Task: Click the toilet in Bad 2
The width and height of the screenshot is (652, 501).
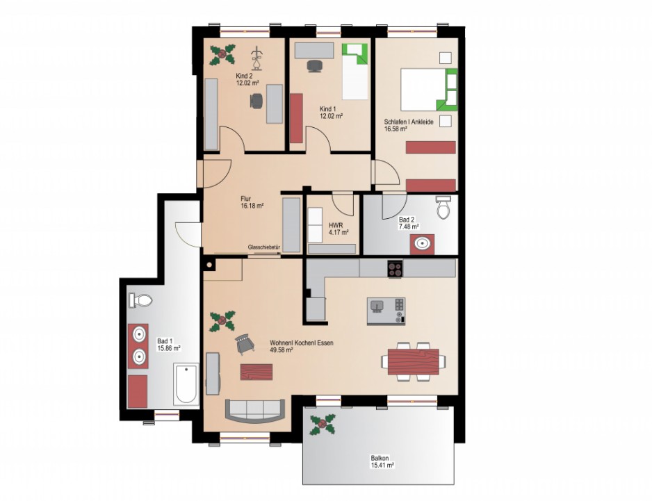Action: pos(443,207)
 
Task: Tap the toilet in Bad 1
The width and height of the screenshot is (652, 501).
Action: pos(140,300)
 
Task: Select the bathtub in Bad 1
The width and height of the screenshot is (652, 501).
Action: pos(186,384)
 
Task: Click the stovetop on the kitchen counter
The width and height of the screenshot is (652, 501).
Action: pos(395,268)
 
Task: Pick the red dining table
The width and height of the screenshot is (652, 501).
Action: pos(414,362)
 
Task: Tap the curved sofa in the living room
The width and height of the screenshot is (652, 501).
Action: pos(255,411)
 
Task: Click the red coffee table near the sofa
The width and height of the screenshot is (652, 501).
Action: pos(256,372)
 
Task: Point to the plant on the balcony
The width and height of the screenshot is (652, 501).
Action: pos(323,425)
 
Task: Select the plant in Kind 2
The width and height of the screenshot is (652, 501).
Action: pos(222,55)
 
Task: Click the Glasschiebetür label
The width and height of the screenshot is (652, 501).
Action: pos(264,247)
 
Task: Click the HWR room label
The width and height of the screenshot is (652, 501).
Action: pos(336,225)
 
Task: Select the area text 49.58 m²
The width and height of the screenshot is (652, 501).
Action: pos(282,350)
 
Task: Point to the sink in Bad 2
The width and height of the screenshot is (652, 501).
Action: pos(423,244)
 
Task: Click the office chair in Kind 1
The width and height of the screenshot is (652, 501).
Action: pos(315,66)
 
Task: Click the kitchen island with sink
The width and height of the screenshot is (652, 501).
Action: pos(386,311)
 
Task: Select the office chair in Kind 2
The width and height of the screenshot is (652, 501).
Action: pos(256,101)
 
